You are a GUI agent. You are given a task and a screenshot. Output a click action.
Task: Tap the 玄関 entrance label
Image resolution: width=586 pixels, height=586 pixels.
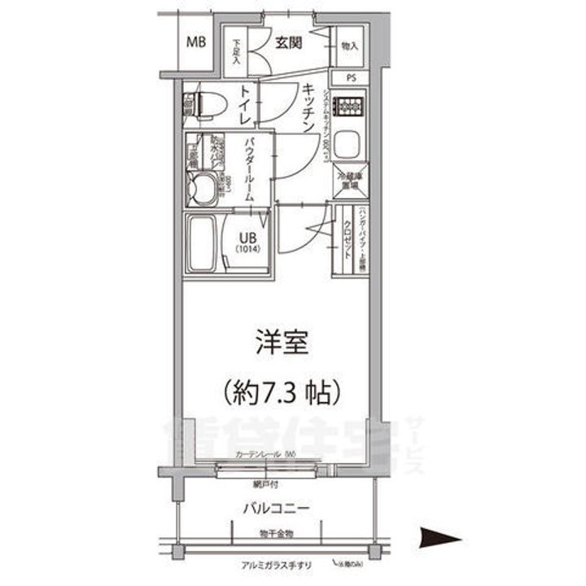click(288, 42)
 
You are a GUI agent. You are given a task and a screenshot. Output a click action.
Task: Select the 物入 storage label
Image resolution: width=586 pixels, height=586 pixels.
click(351, 46)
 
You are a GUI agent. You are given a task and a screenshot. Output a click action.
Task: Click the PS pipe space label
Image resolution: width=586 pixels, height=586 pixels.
click(351, 78)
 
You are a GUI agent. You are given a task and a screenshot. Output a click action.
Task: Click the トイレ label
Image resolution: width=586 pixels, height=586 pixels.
click(244, 107)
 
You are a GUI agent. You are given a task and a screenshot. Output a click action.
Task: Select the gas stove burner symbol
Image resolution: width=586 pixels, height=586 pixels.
click(351, 104)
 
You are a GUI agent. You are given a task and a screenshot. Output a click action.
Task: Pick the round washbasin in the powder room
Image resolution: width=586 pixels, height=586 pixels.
click(199, 190)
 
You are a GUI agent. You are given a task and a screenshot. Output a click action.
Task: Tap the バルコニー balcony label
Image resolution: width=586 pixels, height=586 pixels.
click(274, 508)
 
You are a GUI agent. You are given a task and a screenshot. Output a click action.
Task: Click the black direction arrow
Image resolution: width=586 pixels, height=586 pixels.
click(440, 537)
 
